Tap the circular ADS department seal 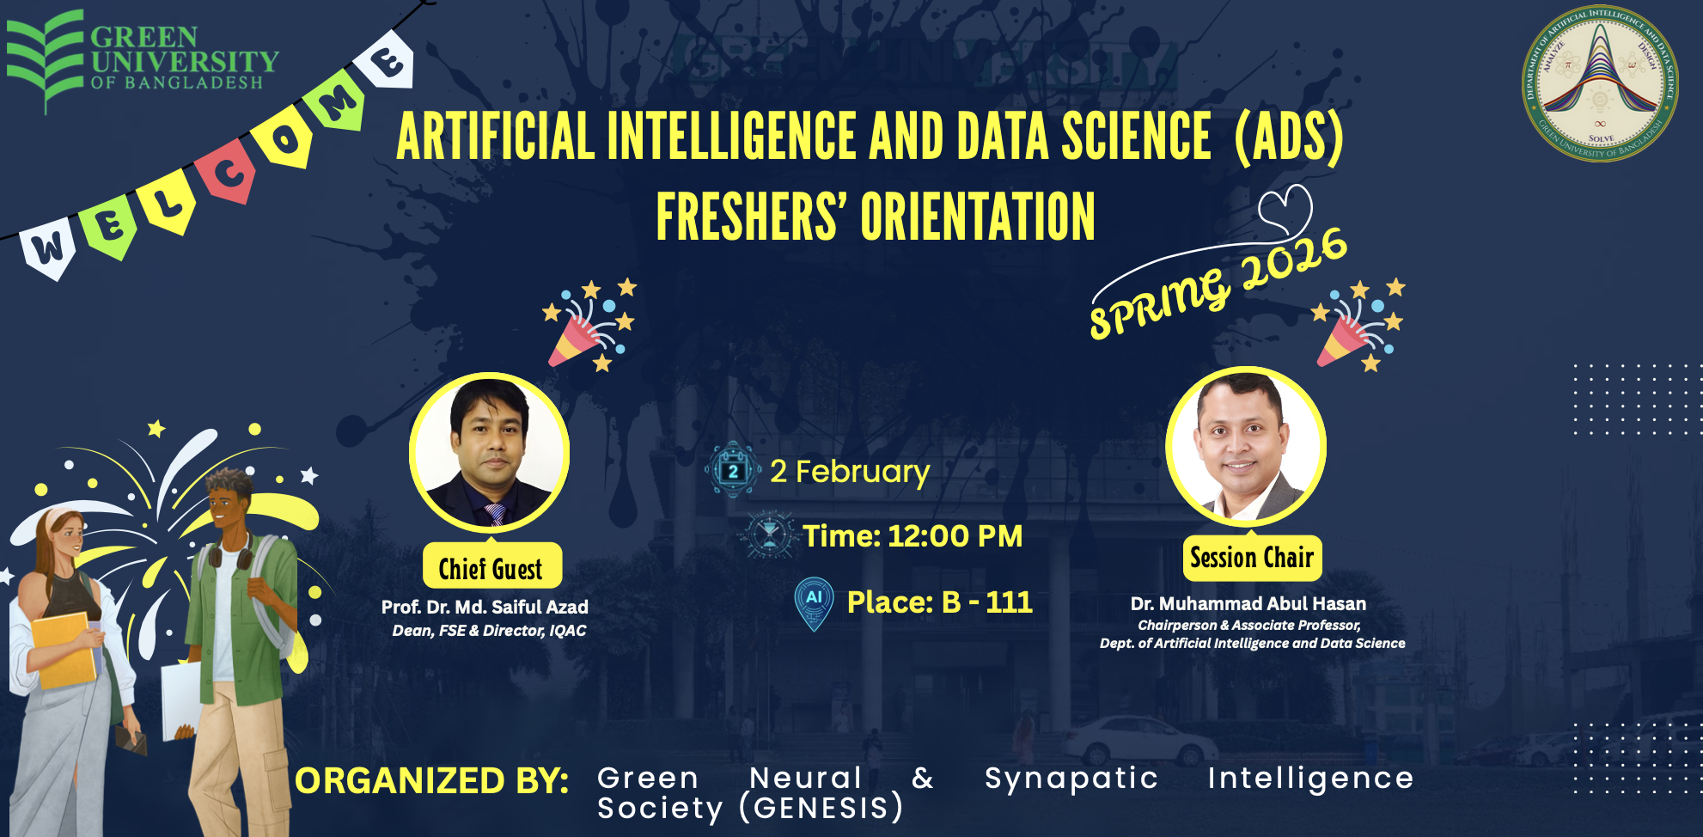click(x=1600, y=82)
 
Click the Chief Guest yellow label click(x=491, y=568)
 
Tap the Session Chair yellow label click(x=1252, y=558)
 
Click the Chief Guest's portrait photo click(x=490, y=452)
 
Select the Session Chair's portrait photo click(x=1245, y=447)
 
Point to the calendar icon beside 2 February click(x=733, y=470)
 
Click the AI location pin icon click(x=814, y=602)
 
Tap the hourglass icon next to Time click(x=769, y=535)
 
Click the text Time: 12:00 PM click(x=913, y=536)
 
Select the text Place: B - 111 click(x=939, y=602)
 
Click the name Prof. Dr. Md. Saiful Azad click(x=485, y=608)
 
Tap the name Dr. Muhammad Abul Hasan click(x=1248, y=604)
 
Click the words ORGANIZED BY click(x=431, y=781)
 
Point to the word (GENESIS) click(x=821, y=808)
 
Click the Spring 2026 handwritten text click(x=1217, y=283)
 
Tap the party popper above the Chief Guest click(x=589, y=327)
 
